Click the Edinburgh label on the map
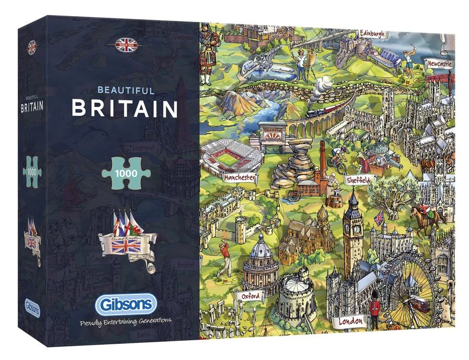tap(372, 34)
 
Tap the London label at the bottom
tap(351, 321)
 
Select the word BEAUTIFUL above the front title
tap(118, 90)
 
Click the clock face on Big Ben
tap(356, 228)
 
